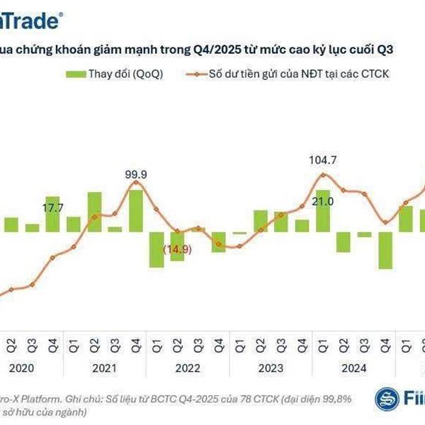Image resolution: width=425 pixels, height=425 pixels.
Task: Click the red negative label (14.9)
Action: pyautogui.click(x=177, y=249)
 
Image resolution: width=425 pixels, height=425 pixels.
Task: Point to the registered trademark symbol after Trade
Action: pyautogui.click(x=67, y=13)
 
